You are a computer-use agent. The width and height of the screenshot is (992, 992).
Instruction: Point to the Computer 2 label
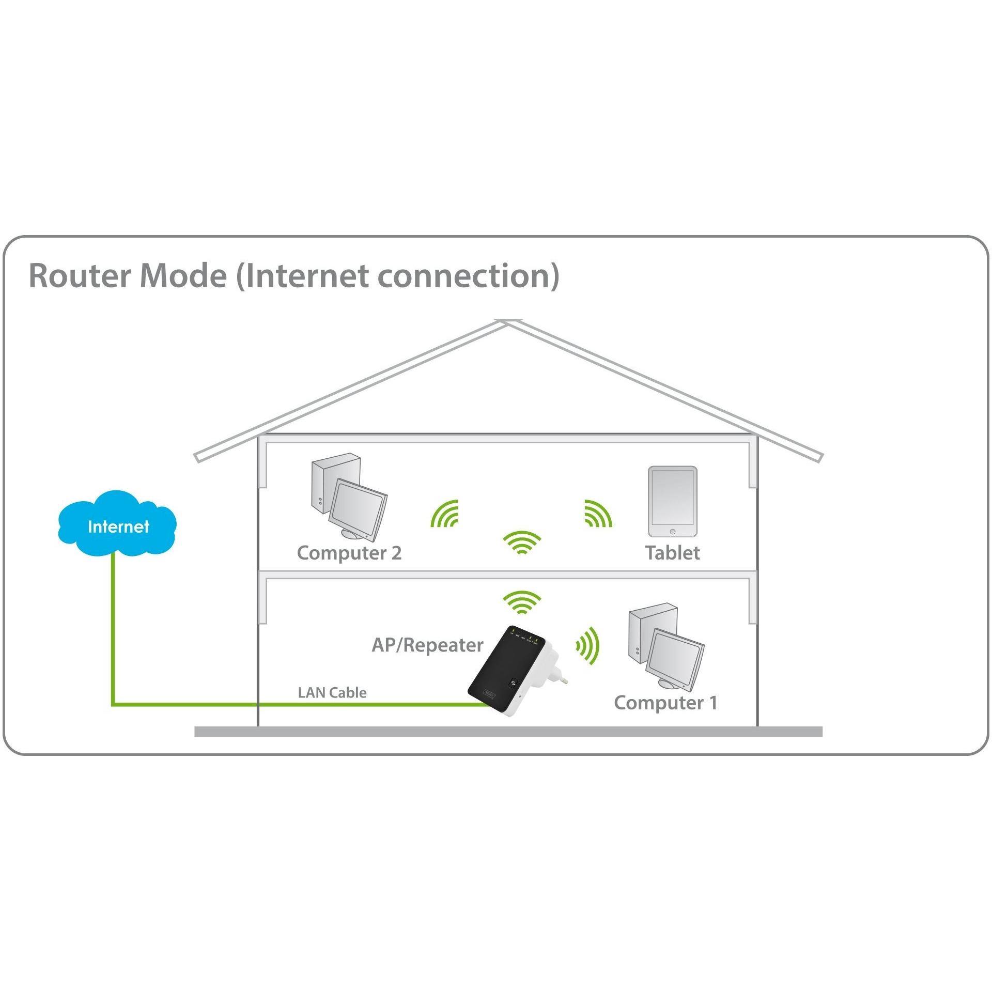(x=349, y=553)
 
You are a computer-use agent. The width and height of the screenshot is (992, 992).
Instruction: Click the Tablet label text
(x=672, y=553)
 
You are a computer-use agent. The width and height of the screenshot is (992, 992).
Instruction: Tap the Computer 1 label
(x=665, y=703)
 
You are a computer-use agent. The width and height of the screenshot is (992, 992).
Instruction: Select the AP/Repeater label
(x=428, y=645)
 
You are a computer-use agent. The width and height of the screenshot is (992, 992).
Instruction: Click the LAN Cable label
(x=332, y=692)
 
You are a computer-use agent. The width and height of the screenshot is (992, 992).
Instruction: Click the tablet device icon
(x=672, y=502)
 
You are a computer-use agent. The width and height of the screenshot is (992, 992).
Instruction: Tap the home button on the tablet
(x=672, y=532)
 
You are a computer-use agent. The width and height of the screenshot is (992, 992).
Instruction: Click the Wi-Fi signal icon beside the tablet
(x=598, y=514)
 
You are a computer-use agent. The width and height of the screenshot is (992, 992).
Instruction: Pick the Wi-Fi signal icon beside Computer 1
(x=588, y=646)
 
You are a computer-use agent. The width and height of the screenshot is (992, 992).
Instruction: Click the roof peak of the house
(x=508, y=321)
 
